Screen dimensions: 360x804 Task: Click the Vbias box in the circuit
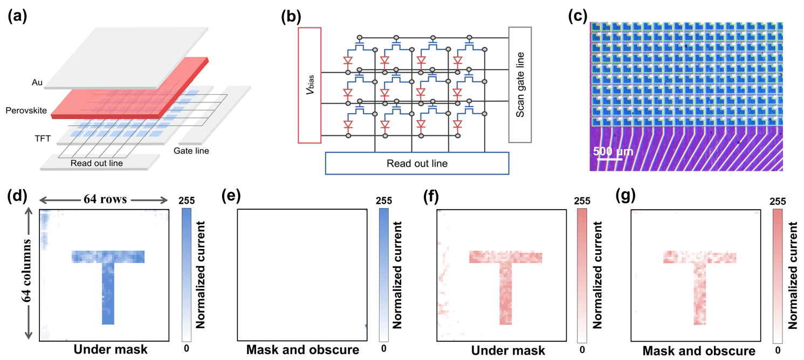310,85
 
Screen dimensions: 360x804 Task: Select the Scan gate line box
520,85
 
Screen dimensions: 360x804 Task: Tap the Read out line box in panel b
417,163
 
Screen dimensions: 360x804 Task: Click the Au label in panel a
37,83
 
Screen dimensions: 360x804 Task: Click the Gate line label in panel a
191,151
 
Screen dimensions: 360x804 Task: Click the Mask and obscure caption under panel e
303,350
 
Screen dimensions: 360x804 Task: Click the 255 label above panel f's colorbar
582,201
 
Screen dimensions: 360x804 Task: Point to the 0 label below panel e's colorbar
384,349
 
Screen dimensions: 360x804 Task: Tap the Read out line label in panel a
98,163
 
